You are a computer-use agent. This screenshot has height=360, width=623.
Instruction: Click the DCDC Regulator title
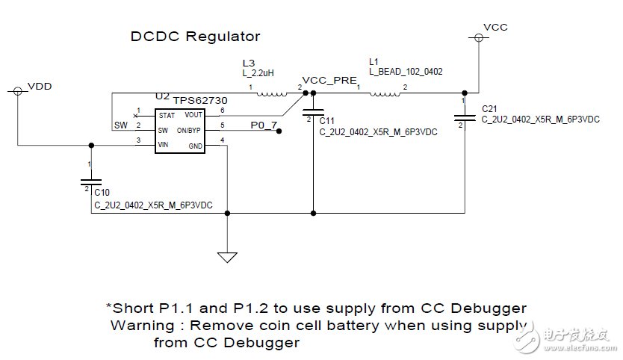(x=196, y=36)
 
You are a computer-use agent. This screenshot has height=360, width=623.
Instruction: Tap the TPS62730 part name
(x=199, y=99)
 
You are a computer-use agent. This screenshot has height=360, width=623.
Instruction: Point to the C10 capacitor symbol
(x=91, y=181)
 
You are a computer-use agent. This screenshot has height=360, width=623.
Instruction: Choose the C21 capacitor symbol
(x=464, y=115)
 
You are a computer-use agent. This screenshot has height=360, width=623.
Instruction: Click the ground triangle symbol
(x=226, y=257)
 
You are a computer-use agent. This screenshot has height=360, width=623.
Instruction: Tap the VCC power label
(x=496, y=27)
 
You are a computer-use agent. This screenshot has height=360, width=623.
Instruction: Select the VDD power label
(x=40, y=87)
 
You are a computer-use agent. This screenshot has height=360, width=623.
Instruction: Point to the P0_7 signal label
(x=262, y=126)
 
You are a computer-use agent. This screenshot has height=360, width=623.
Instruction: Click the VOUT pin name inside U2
(x=193, y=114)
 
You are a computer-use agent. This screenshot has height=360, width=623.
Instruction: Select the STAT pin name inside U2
(x=166, y=115)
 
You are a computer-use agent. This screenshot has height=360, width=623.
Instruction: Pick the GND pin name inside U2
(x=195, y=145)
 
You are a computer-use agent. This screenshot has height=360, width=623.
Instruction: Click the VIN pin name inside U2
(x=164, y=145)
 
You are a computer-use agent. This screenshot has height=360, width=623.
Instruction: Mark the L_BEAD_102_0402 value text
(x=406, y=72)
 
